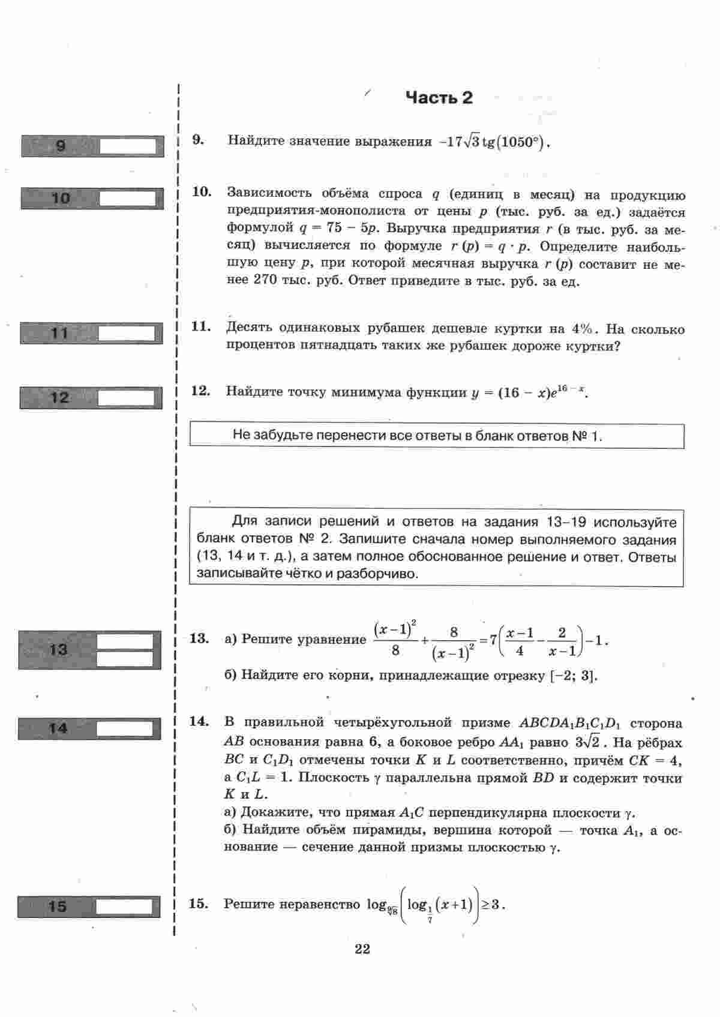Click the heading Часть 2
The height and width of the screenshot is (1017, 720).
(x=439, y=98)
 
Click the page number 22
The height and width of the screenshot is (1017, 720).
(x=362, y=949)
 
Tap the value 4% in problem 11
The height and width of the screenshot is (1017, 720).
(x=581, y=329)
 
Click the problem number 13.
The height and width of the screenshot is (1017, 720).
(x=199, y=638)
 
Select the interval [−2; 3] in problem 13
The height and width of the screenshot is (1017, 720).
(x=573, y=676)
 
